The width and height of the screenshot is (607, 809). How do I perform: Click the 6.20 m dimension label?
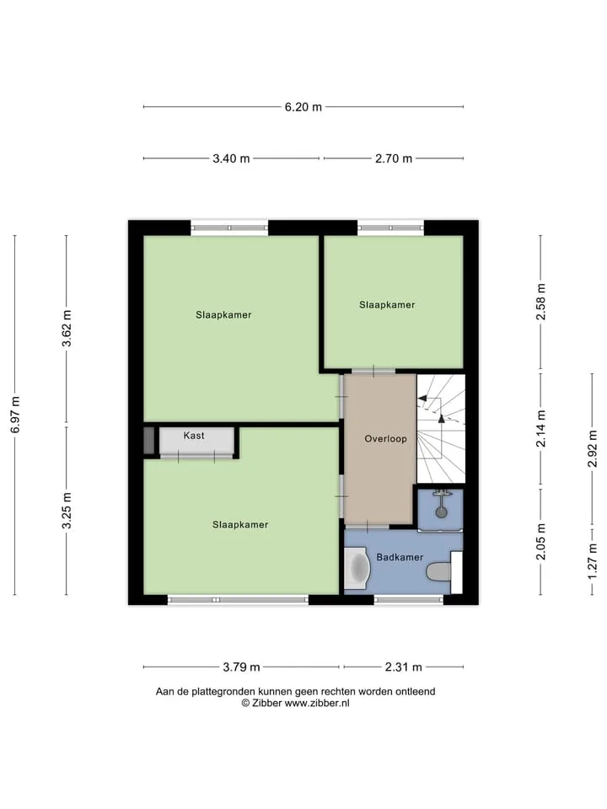[x=303, y=107]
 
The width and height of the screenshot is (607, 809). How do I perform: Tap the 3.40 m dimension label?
[x=231, y=158]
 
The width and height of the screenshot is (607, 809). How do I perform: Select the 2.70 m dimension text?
[x=394, y=158]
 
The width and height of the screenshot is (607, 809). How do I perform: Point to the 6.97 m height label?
[x=15, y=415]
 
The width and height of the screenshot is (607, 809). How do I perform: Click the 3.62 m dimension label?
[x=67, y=328]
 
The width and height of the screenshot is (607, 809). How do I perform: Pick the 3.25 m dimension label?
[x=67, y=511]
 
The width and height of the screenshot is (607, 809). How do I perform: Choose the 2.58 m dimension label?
[x=541, y=302]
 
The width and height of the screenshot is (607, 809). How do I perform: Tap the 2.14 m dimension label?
[x=541, y=429]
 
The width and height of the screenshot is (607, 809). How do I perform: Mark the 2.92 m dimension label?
[x=593, y=449]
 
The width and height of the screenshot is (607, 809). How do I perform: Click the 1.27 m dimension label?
[x=593, y=561]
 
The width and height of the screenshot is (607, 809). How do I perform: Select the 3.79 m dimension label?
[x=242, y=667]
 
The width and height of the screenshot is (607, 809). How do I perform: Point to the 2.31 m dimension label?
[x=404, y=667]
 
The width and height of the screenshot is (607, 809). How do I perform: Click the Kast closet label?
[x=194, y=436]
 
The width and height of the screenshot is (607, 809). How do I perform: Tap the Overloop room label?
[x=385, y=438]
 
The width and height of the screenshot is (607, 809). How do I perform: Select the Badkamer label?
[x=400, y=557]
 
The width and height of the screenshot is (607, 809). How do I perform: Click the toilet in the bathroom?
[x=438, y=571]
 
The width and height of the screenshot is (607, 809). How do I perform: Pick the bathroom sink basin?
[x=357, y=567]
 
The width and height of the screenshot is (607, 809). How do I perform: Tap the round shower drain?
[x=441, y=512]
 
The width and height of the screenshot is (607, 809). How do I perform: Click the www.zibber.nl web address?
[x=317, y=703]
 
